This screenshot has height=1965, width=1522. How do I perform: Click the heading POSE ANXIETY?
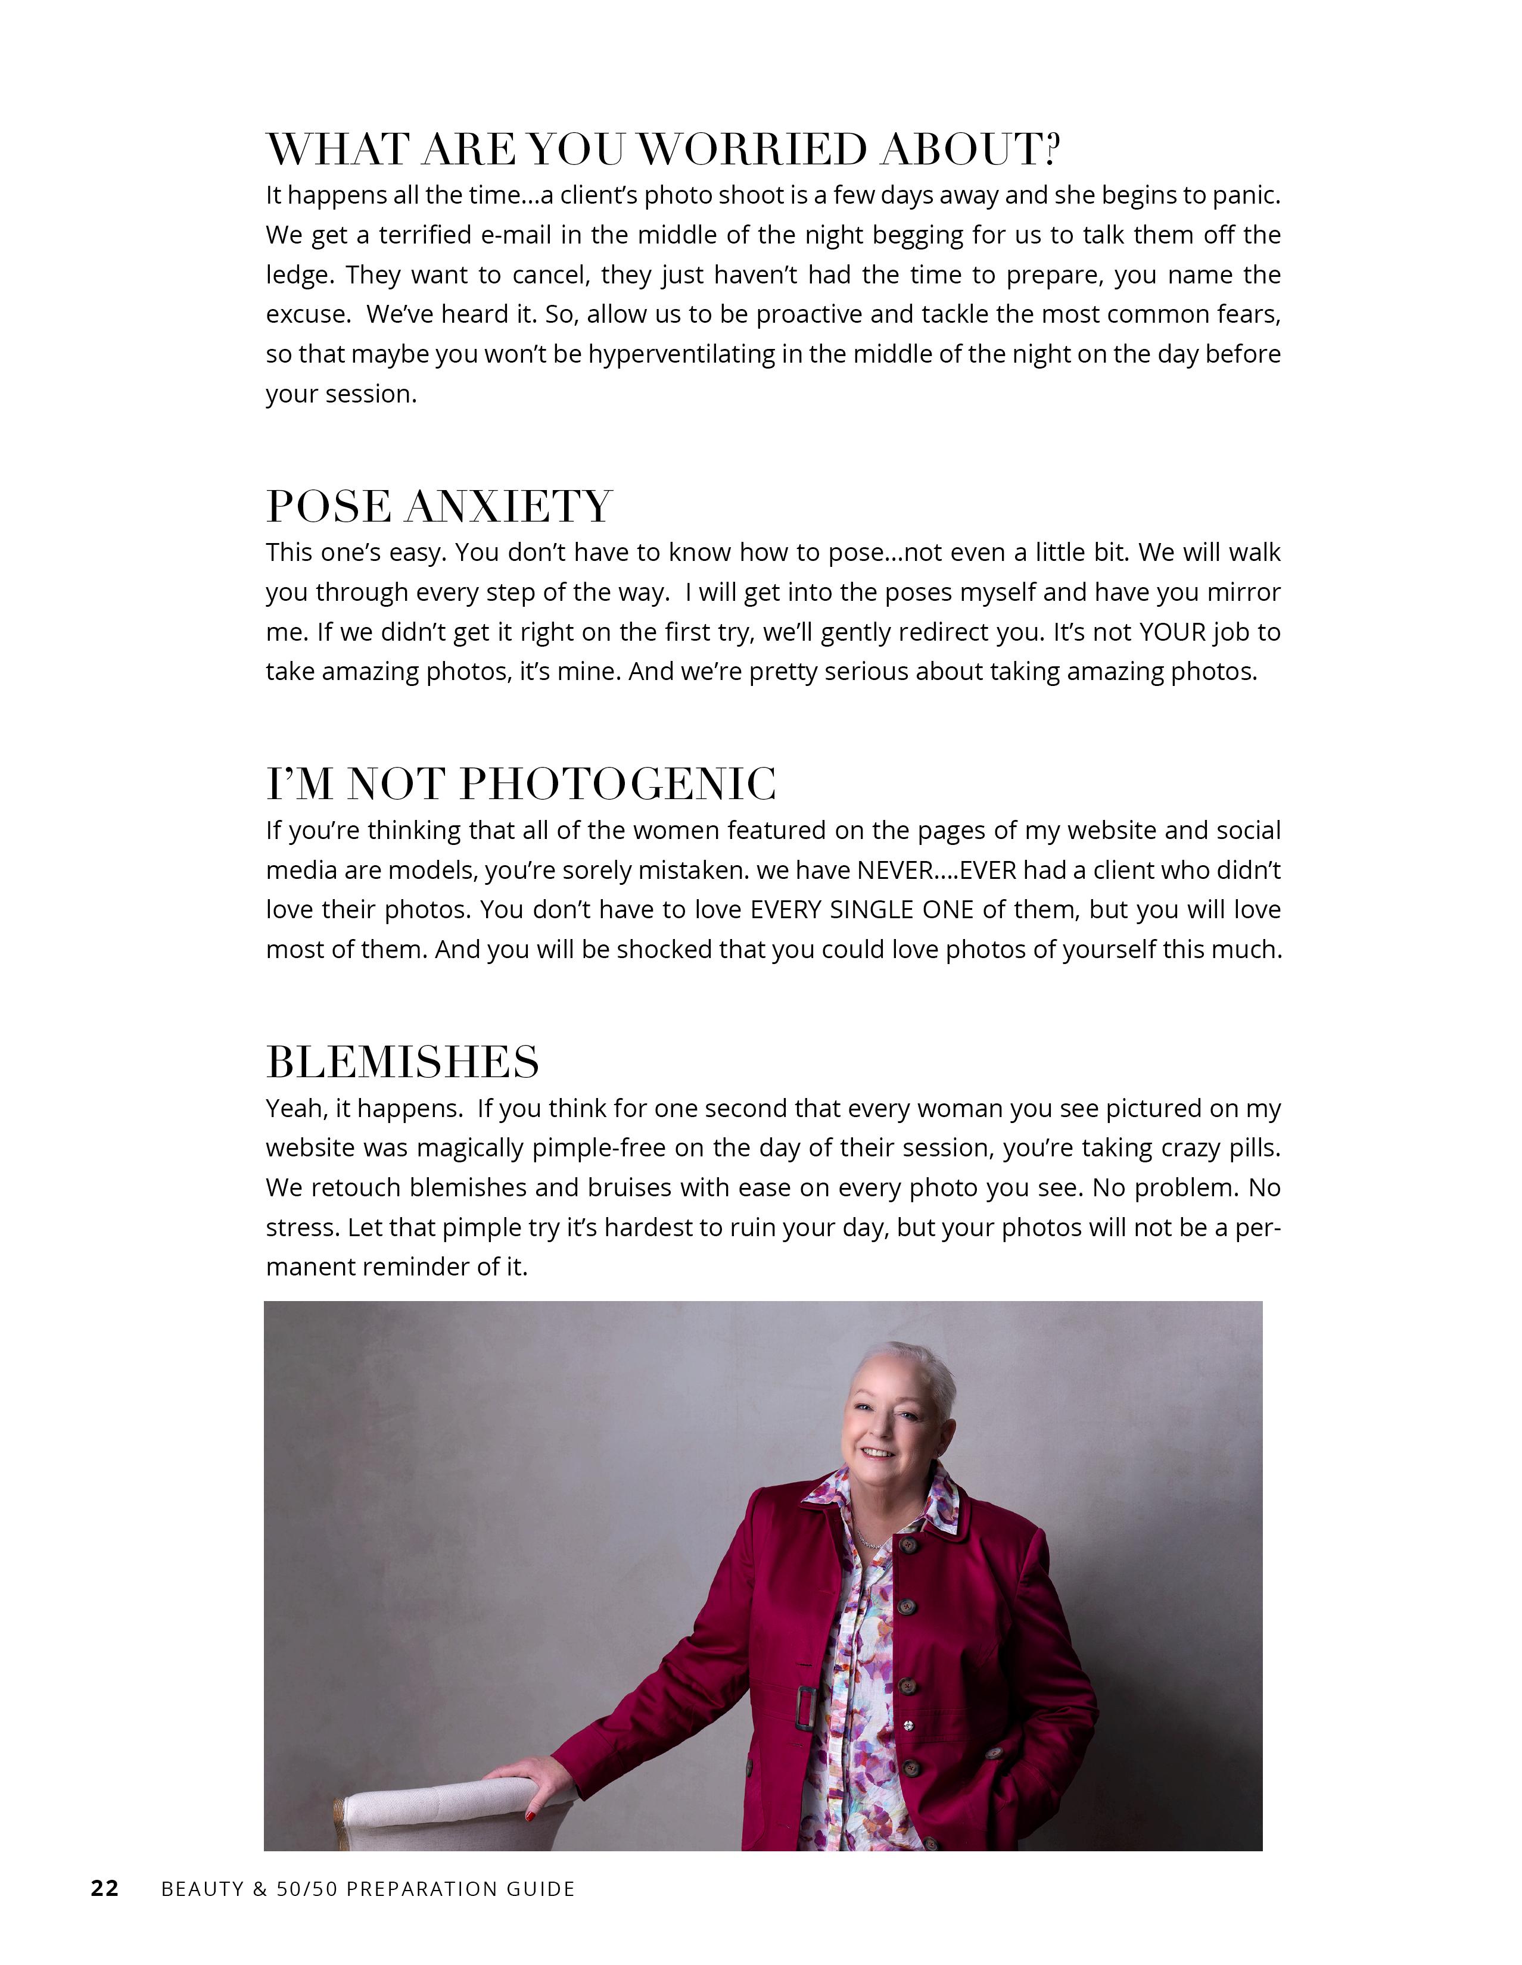(x=439, y=507)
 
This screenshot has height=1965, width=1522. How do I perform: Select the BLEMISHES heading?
(x=402, y=1062)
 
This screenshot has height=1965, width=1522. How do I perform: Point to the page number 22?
(x=104, y=1889)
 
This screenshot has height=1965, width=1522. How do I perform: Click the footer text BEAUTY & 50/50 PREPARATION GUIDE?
(x=367, y=1889)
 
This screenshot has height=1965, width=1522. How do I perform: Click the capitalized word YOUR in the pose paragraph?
(x=1172, y=632)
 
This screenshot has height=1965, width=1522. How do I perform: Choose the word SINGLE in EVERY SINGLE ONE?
(x=872, y=910)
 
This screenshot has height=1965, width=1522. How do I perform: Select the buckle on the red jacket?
(x=805, y=1707)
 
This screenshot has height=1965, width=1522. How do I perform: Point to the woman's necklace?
(x=870, y=1539)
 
